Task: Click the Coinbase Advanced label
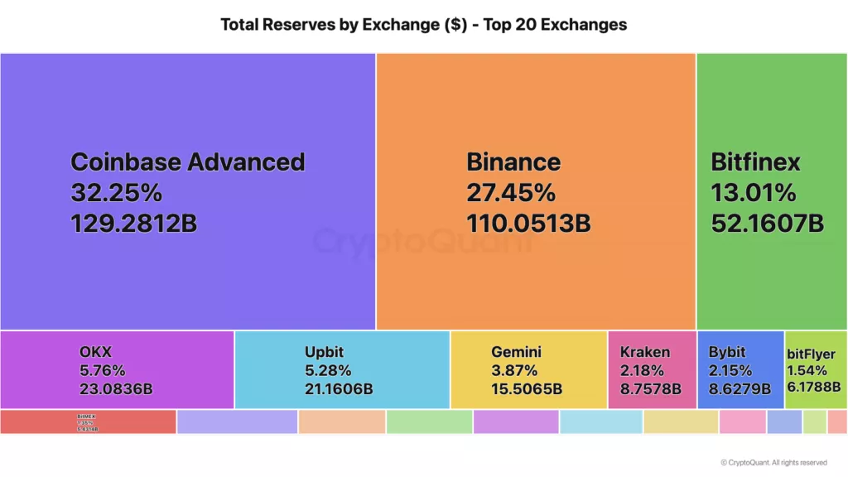(x=187, y=161)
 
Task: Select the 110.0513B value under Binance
(x=528, y=223)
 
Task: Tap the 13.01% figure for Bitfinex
(x=753, y=193)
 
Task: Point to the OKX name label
(x=95, y=353)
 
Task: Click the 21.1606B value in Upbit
(x=338, y=388)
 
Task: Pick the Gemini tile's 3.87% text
(x=513, y=370)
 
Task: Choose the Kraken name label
(x=644, y=352)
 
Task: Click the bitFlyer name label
(x=811, y=354)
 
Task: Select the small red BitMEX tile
(x=88, y=422)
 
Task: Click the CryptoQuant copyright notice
(x=773, y=463)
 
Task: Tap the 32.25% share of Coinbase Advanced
(x=116, y=193)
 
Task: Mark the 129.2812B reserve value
(x=133, y=223)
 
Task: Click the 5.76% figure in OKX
(x=102, y=370)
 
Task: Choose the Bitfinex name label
(x=755, y=161)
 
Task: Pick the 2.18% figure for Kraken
(x=641, y=370)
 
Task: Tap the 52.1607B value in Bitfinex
(x=767, y=223)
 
